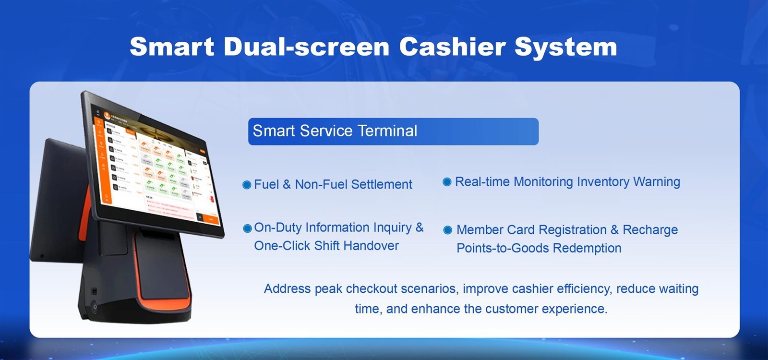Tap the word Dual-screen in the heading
click(306, 47)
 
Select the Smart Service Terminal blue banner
click(393, 131)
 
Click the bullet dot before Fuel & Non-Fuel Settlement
click(247, 185)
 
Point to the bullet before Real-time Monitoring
click(447, 182)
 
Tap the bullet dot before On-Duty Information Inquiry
click(247, 228)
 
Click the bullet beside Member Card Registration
click(448, 230)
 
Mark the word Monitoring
click(543, 182)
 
